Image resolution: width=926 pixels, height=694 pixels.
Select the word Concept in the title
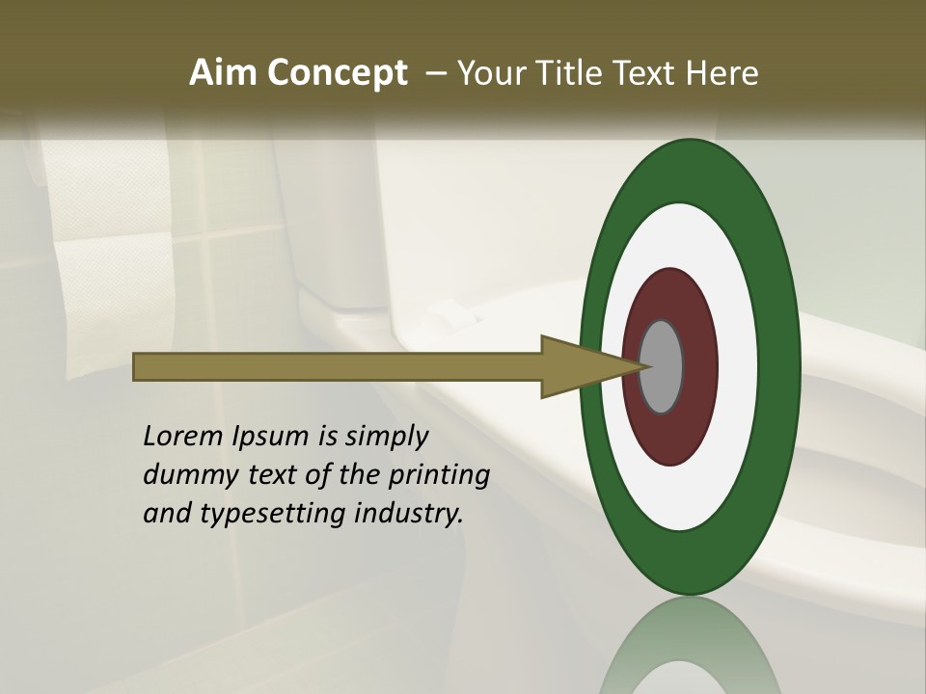[x=338, y=74]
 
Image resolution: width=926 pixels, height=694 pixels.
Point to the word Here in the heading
[x=722, y=73]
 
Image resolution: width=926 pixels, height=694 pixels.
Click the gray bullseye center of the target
[x=662, y=366]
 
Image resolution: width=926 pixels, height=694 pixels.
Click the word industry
[x=409, y=514]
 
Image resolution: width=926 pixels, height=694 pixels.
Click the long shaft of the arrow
[x=338, y=366]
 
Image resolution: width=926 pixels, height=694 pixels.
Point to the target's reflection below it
[x=690, y=646]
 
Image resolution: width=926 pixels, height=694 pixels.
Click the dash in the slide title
[x=436, y=74]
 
